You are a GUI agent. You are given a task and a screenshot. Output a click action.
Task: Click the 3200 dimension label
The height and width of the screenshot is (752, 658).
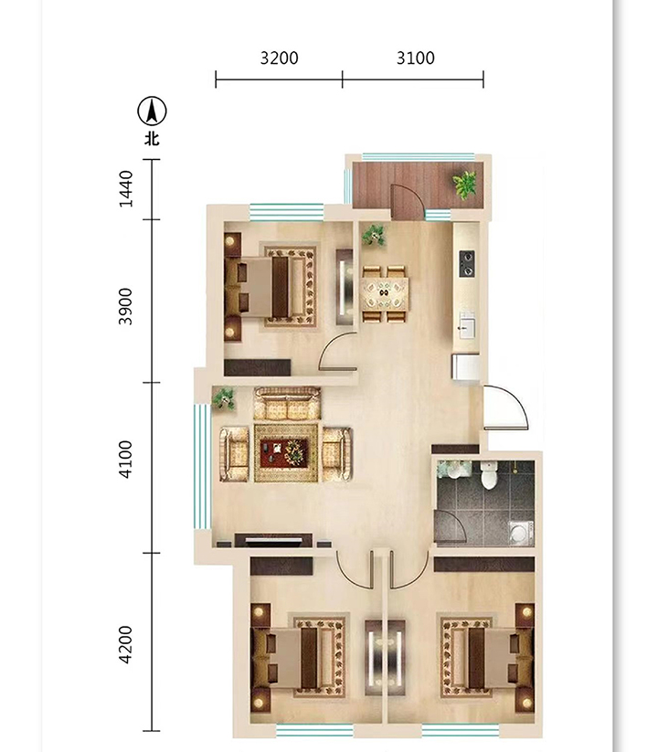[279, 58]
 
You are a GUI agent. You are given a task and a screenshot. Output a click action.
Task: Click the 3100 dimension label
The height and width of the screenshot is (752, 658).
[415, 58]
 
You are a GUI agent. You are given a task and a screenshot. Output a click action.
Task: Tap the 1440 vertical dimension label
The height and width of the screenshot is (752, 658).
[125, 189]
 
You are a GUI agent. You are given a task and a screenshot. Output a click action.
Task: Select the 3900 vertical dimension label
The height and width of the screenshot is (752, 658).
[125, 306]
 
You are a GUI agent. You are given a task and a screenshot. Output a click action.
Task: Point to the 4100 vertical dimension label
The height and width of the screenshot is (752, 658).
[125, 460]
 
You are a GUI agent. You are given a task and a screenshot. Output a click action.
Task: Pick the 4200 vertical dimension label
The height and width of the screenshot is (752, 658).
[125, 644]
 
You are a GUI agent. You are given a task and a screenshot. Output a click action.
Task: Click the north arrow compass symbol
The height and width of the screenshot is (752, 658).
[152, 111]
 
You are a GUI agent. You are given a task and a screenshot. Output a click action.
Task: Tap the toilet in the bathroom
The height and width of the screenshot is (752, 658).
[489, 475]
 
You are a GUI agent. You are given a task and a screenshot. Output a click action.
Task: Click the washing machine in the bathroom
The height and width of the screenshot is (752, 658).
[521, 534]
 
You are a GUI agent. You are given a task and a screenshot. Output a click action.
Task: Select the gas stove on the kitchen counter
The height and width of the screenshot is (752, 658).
[467, 264]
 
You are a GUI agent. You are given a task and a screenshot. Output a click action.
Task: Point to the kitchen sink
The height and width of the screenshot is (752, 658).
[466, 325]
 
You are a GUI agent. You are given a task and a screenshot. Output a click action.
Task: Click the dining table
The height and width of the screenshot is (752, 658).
[385, 293]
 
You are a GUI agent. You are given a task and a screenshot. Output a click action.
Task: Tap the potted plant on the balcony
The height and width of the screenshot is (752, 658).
[465, 185]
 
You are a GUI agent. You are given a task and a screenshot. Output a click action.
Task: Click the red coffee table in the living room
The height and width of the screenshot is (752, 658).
[284, 453]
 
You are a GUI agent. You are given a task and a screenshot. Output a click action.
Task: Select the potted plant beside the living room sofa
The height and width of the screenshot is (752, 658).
[224, 398]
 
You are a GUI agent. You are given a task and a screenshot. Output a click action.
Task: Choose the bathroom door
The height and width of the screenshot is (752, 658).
[450, 526]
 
